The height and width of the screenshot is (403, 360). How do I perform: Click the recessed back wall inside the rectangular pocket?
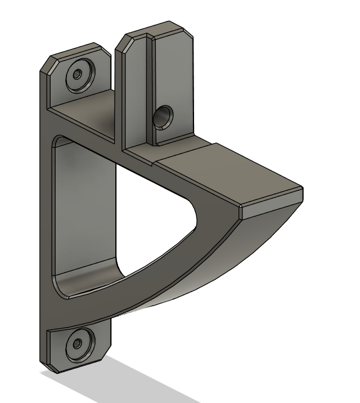tap(84, 214)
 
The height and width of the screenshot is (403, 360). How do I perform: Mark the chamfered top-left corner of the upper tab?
tap(48, 65)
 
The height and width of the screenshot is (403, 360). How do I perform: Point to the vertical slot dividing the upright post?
tap(150, 84)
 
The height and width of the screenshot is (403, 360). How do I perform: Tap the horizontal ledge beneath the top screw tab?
tap(84, 113)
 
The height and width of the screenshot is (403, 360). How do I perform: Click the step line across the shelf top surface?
tap(186, 151)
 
